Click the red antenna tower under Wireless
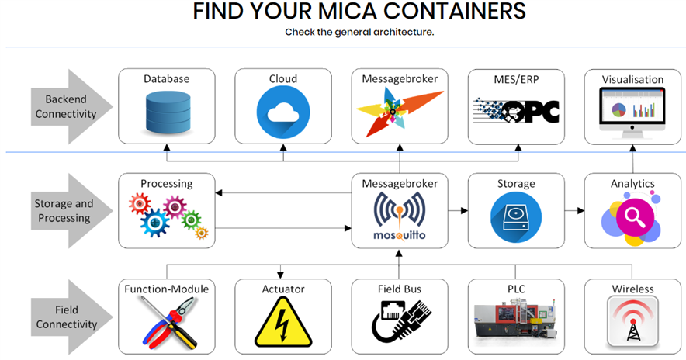pos(632,322)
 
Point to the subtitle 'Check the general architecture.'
pos(359,33)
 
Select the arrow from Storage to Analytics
pos(574,210)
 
